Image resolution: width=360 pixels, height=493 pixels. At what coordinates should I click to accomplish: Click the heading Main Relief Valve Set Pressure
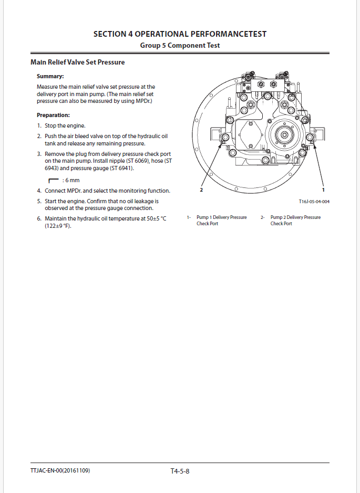coord(78,62)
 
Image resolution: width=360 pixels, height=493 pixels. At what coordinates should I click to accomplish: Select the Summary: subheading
coord(50,77)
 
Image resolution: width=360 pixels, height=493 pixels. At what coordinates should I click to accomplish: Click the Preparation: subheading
coord(53,115)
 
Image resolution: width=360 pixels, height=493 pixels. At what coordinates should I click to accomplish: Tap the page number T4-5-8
coord(180,471)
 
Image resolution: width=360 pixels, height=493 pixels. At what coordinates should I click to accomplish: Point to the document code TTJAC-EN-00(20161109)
coord(60,471)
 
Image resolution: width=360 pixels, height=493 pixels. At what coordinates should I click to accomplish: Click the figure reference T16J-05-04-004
coord(314,202)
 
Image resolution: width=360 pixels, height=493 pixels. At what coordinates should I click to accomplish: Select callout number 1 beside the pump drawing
coord(323,190)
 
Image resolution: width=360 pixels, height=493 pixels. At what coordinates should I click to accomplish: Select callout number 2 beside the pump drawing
coord(201,190)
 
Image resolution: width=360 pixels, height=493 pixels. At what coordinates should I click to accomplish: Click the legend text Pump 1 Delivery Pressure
coord(221,217)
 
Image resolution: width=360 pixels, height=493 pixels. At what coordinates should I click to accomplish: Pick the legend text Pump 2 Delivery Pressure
coord(295,217)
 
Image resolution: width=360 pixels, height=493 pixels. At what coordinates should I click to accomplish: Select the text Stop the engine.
coord(65,126)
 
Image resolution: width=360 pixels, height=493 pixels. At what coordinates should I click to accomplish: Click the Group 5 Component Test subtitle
coord(180,46)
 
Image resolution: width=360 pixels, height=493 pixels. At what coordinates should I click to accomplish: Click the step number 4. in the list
coord(39,191)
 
